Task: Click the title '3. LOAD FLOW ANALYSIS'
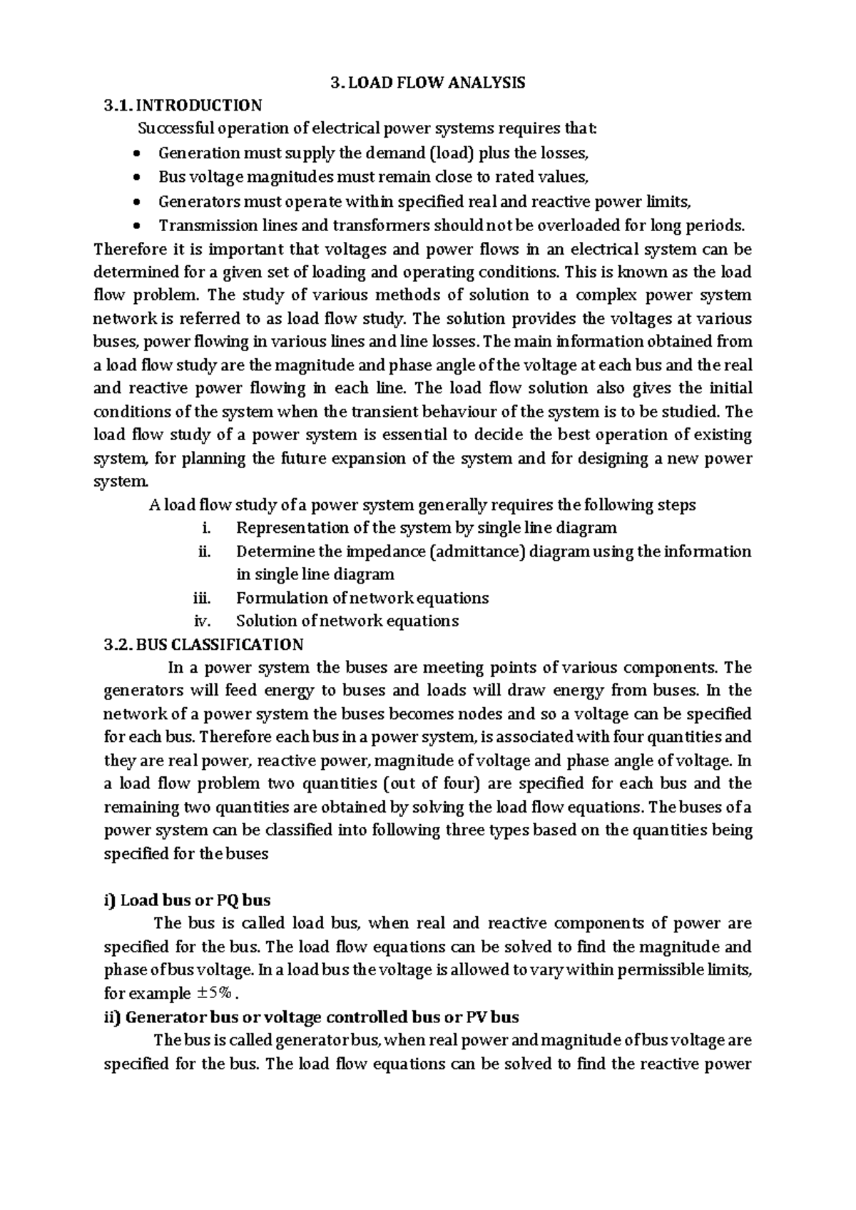click(x=428, y=83)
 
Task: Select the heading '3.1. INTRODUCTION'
click(x=183, y=106)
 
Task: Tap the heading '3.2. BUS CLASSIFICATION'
click(x=204, y=644)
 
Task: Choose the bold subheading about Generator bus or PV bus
click(x=312, y=1017)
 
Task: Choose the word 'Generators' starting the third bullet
click(x=198, y=202)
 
